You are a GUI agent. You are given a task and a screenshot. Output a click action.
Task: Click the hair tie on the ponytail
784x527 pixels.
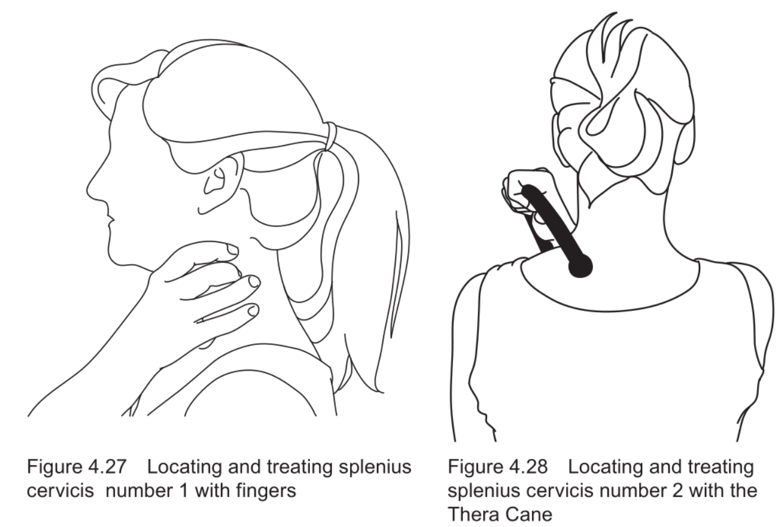(330, 136)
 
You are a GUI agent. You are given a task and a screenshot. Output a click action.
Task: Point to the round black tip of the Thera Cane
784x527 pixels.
(580, 267)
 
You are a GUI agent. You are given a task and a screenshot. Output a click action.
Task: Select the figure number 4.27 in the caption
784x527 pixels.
(107, 467)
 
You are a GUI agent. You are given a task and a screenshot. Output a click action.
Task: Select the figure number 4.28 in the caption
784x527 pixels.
(528, 467)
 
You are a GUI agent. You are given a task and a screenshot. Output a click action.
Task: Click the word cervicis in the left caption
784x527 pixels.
(60, 490)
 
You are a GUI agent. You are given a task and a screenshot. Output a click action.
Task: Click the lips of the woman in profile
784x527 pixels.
(110, 218)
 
